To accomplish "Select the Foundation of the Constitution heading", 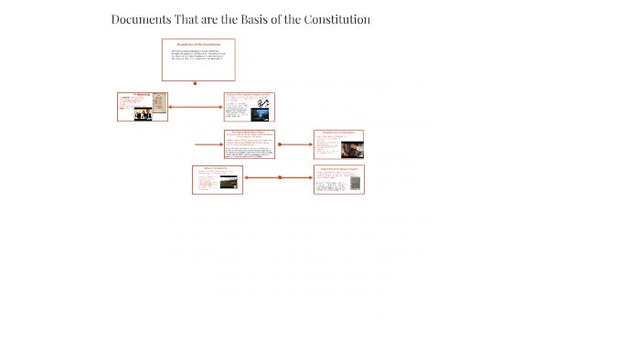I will [198, 44].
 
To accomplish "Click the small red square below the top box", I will [195, 83].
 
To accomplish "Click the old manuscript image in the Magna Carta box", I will [157, 102].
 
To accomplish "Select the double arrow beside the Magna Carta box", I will [195, 107].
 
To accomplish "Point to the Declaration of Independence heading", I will [338, 132].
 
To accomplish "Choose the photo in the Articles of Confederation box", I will [228, 182].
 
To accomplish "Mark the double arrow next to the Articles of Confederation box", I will [279, 178].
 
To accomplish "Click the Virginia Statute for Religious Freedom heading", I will [338, 168].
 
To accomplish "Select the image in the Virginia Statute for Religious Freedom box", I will [354, 183].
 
